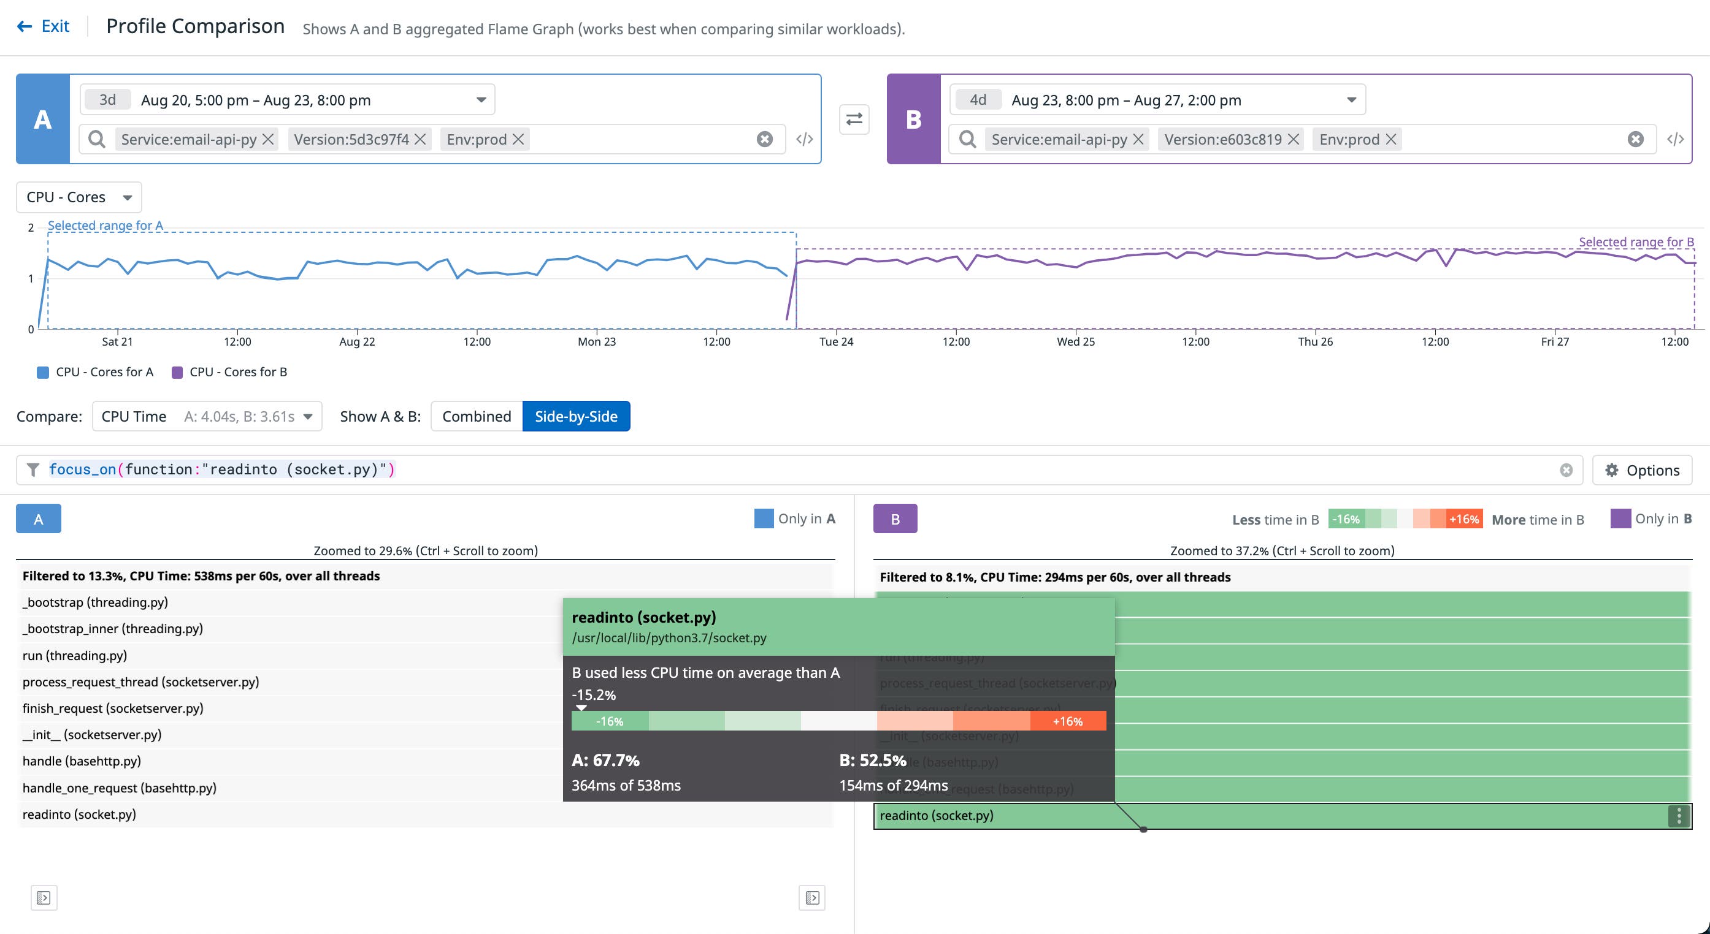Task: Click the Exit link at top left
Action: (x=44, y=26)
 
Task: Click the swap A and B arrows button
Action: (x=854, y=120)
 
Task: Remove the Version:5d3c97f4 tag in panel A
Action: (x=420, y=139)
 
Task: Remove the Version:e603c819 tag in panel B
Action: (x=1293, y=139)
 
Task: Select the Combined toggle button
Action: (x=476, y=417)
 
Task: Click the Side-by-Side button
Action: (x=575, y=417)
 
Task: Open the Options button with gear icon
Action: (x=1642, y=470)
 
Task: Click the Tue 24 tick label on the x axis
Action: (x=836, y=341)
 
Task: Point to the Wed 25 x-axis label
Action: (x=1075, y=341)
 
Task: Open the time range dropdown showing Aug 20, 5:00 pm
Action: (x=288, y=100)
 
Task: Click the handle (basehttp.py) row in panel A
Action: (x=82, y=761)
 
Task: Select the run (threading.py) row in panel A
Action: (x=74, y=655)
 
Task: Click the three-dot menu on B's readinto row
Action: (x=1678, y=816)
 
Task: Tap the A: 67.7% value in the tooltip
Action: (x=605, y=760)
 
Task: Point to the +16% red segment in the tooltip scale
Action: (x=1067, y=721)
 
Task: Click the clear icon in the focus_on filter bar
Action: (x=1566, y=470)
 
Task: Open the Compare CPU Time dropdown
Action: (x=207, y=417)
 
